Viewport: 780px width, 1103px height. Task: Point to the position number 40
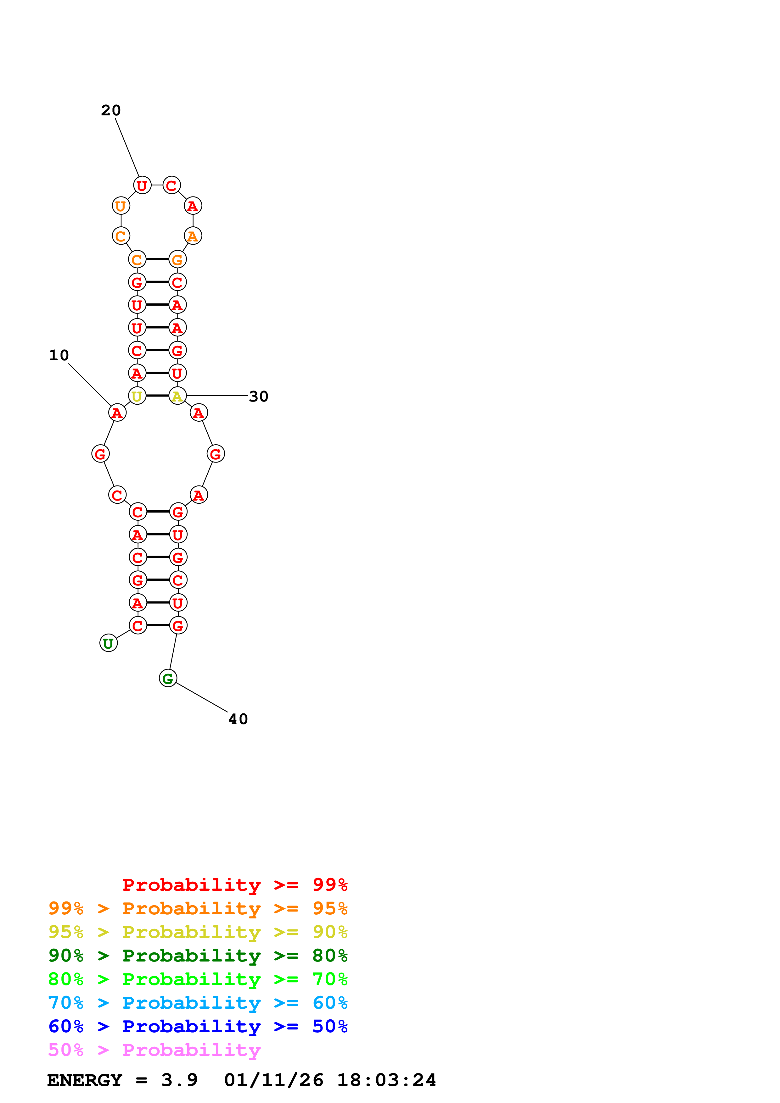pyautogui.click(x=238, y=719)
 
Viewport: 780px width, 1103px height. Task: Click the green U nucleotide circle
pyautogui.click(x=109, y=643)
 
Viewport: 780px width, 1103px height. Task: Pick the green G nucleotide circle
pyautogui.click(x=168, y=678)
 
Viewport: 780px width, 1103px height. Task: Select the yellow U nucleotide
pyautogui.click(x=137, y=396)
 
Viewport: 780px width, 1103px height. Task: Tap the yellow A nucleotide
pyautogui.click(x=177, y=396)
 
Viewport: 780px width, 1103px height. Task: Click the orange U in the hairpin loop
pyautogui.click(x=121, y=206)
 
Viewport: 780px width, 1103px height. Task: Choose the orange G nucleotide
pyautogui.click(x=177, y=259)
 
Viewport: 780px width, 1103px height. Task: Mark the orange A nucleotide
pyautogui.click(x=193, y=236)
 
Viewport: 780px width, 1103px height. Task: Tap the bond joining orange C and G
pyautogui.click(x=157, y=259)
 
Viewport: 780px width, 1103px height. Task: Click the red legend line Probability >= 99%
pyautogui.click(x=234, y=885)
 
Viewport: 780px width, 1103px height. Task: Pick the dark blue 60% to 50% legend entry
pyautogui.click(x=198, y=1026)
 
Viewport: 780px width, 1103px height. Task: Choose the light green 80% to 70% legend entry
pyautogui.click(x=198, y=979)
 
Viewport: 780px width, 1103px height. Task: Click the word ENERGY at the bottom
pyautogui.click(x=85, y=1080)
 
